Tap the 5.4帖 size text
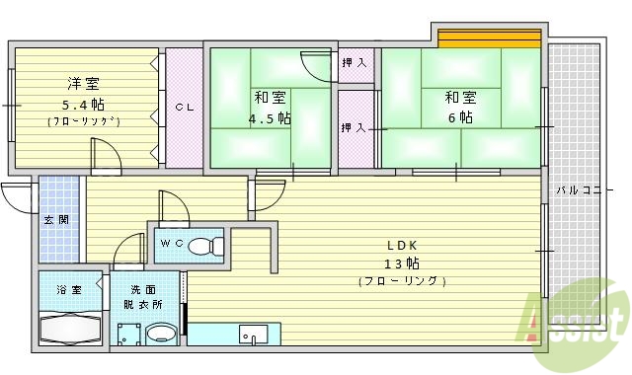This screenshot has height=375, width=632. tap(83, 105)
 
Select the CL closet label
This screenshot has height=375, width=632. tap(184, 107)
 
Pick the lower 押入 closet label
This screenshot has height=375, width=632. tap(354, 128)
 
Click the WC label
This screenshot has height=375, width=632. tap(173, 243)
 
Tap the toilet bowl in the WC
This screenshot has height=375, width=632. tap(204, 246)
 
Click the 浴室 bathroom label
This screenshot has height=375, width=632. tap(68, 290)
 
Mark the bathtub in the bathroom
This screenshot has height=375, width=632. tap(68, 327)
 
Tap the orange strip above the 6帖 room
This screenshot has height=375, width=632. tap(490, 39)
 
